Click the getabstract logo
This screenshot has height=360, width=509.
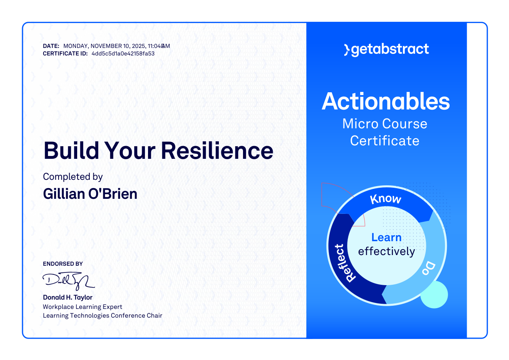click(386, 50)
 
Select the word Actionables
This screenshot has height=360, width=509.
click(386, 101)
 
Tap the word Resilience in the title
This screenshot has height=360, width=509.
click(217, 150)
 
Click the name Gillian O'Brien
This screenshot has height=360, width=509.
click(90, 194)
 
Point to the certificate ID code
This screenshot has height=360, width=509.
click(123, 53)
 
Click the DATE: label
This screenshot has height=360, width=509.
click(51, 46)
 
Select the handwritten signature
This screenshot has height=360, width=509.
click(68, 281)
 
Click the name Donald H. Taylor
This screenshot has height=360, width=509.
click(68, 297)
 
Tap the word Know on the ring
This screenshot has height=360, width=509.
click(386, 199)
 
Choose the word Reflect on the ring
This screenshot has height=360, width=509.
click(345, 263)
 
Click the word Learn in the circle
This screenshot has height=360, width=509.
click(386, 237)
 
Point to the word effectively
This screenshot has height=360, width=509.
click(387, 251)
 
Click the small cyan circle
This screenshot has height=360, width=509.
click(434, 295)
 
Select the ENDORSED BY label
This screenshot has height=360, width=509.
click(63, 264)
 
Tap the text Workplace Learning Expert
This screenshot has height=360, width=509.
click(82, 307)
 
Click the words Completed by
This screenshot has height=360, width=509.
click(73, 177)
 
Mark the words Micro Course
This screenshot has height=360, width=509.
click(385, 124)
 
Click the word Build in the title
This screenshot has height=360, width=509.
click(71, 150)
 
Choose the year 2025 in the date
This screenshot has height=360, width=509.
click(139, 46)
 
